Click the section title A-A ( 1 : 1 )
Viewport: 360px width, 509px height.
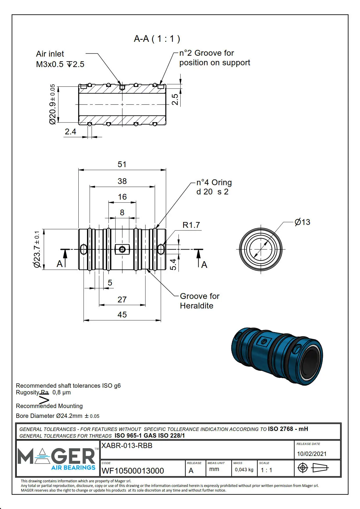click(x=157, y=39)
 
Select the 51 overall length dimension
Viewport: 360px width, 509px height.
click(x=122, y=164)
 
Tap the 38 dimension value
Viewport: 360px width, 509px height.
click(x=122, y=181)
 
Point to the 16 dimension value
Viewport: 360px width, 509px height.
click(x=122, y=197)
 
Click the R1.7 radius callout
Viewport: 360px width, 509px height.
click(x=191, y=225)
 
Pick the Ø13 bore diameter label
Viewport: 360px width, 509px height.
click(x=302, y=222)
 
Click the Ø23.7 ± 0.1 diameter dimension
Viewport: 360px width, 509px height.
click(x=37, y=249)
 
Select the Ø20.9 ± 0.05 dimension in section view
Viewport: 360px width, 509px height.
click(x=52, y=104)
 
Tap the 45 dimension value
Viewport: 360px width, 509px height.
click(x=122, y=315)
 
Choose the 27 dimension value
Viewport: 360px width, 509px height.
click(x=122, y=299)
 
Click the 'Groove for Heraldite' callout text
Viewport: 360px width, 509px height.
click(x=199, y=301)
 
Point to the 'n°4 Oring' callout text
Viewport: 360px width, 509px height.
click(x=214, y=183)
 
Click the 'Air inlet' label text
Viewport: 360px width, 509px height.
click(x=50, y=54)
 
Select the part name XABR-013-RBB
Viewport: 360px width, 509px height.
click(x=127, y=445)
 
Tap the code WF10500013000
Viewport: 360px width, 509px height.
click(x=133, y=470)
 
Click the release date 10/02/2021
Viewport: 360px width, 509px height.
click(x=312, y=454)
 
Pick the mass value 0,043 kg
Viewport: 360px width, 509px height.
click(x=244, y=470)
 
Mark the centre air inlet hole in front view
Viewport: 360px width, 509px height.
click(x=122, y=249)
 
